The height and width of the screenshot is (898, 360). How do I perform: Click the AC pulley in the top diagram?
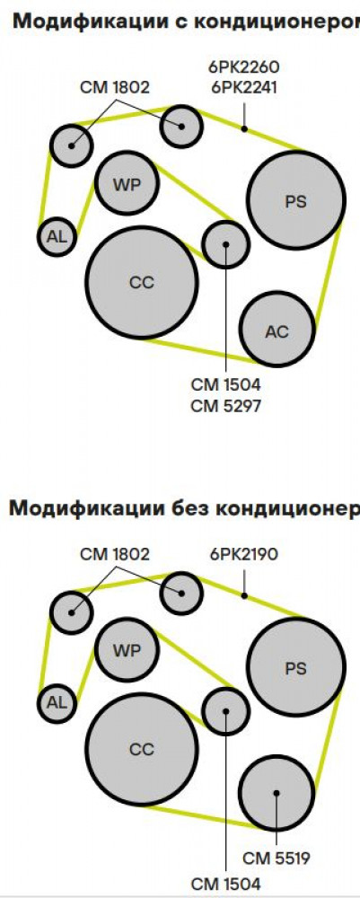click(277, 330)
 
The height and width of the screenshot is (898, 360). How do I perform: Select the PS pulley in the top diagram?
click(296, 199)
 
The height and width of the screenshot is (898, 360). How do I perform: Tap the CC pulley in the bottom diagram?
click(142, 749)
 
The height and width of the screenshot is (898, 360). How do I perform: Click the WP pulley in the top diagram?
click(127, 182)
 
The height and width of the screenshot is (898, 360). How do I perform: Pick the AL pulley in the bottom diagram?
click(57, 703)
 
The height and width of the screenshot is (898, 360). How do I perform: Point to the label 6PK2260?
click(243, 68)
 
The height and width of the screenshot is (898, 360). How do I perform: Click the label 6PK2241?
click(243, 88)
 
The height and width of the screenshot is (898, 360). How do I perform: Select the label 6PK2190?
click(244, 554)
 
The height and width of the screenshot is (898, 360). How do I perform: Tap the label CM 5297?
click(226, 406)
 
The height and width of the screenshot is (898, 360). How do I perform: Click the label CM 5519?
click(277, 858)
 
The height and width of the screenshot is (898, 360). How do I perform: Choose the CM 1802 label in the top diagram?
click(115, 88)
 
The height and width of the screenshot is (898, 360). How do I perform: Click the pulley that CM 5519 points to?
click(277, 793)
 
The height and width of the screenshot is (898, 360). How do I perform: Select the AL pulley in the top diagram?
click(57, 236)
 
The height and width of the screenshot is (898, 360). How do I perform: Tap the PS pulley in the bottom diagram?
click(296, 667)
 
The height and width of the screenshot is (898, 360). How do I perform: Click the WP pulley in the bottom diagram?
click(127, 650)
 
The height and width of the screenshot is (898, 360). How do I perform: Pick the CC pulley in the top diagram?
click(142, 282)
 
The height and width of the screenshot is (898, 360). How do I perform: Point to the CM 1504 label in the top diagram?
click(226, 383)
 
